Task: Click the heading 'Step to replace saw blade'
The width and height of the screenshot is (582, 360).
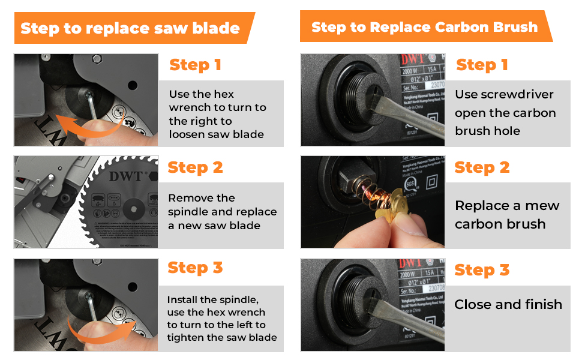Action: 130,28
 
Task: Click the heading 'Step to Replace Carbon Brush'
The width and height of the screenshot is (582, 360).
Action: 424,27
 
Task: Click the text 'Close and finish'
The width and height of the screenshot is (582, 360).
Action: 508,304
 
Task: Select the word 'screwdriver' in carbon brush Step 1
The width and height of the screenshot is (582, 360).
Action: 517,95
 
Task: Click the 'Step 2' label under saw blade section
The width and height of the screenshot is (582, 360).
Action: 195,167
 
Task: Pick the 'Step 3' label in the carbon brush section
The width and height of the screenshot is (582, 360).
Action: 482,270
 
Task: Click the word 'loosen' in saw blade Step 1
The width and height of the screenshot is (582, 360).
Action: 187,134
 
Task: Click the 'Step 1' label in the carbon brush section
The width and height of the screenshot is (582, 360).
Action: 482,65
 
